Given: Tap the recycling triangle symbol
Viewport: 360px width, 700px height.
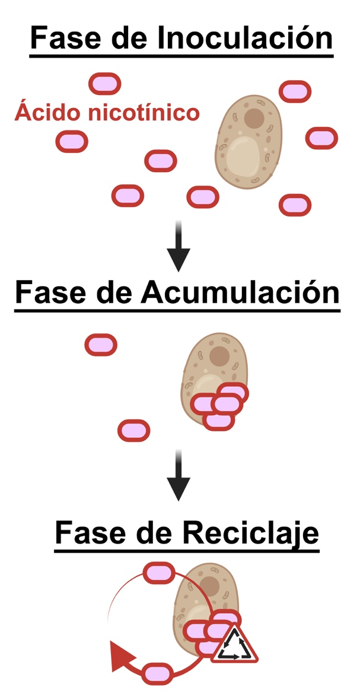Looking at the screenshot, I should (234, 645).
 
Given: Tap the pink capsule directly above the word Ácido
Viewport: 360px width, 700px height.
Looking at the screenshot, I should (105, 84).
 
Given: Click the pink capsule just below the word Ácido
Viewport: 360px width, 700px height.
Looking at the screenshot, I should (72, 141).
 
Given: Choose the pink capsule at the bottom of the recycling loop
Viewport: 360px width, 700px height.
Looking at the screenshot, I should (157, 673).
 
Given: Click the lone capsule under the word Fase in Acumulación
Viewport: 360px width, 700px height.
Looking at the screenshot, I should (101, 345).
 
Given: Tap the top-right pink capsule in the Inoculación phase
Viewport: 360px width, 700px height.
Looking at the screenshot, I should (295, 91).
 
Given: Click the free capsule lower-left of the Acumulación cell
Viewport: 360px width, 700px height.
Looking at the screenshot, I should (133, 430).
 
